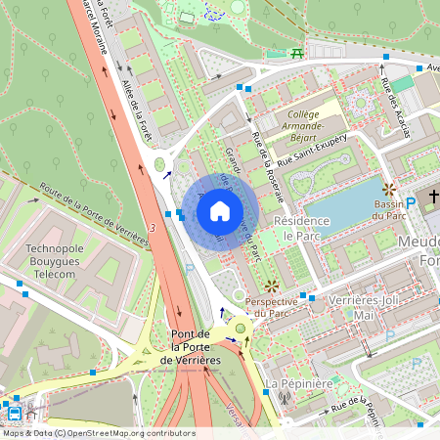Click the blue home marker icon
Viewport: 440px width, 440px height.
(220, 210)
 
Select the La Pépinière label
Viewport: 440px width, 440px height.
(296, 382)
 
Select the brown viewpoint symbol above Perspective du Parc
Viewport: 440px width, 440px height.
(271, 286)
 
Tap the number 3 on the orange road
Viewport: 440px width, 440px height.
(153, 227)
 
